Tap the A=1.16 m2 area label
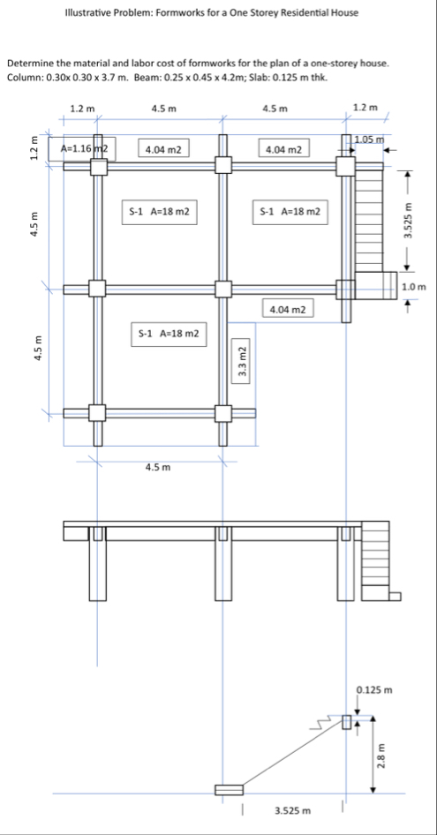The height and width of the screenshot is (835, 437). tap(85, 148)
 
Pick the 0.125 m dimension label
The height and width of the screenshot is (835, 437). tap(373, 691)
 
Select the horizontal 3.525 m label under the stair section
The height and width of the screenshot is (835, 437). tap(291, 811)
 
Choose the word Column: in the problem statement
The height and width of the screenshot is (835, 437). tap(26, 77)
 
